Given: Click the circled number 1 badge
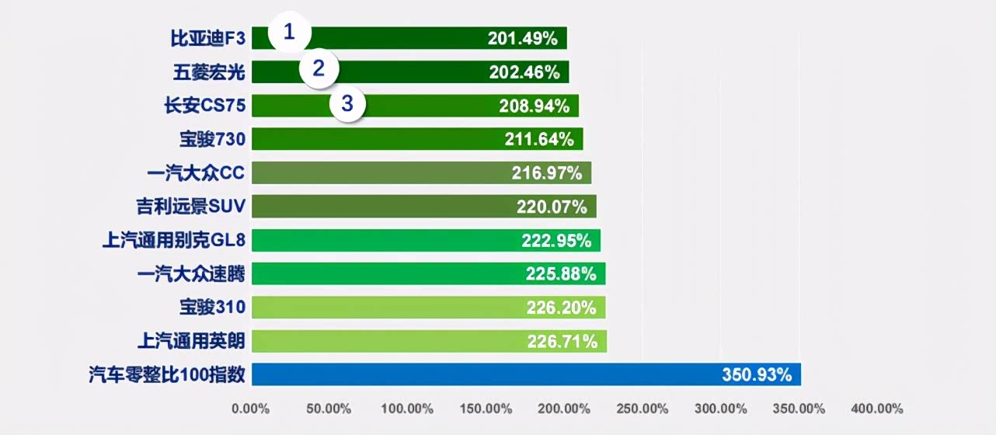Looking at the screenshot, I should pyautogui.click(x=290, y=33).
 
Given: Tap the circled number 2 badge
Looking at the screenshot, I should pyautogui.click(x=319, y=68).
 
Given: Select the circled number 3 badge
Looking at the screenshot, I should pyautogui.click(x=347, y=103).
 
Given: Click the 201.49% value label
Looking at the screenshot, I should pyautogui.click(x=522, y=38).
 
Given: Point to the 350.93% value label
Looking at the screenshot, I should pyautogui.click(x=757, y=374).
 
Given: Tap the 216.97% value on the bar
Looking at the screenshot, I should pyautogui.click(x=546, y=173).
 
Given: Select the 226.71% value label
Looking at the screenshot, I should pyautogui.click(x=562, y=341).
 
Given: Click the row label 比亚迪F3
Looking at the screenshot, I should pyautogui.click(x=207, y=38).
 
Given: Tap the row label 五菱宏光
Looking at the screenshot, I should pyautogui.click(x=209, y=72).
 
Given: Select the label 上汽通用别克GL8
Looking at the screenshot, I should pyautogui.click(x=174, y=240).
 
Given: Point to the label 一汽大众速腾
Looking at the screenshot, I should pyautogui.click(x=191, y=273).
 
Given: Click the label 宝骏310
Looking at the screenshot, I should pyautogui.click(x=212, y=308).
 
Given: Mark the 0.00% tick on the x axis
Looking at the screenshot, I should pyautogui.click(x=250, y=409).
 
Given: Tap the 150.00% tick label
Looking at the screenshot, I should pyautogui.click(x=486, y=409).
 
